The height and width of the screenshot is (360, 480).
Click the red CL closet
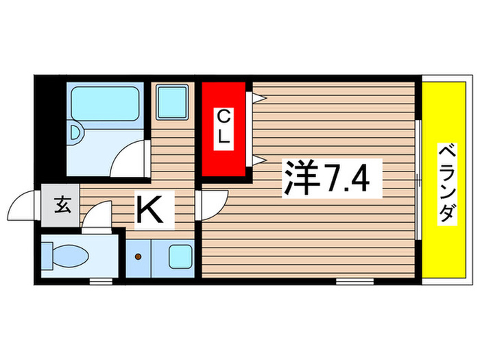point(223,130)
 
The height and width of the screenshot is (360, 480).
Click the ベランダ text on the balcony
point(446,183)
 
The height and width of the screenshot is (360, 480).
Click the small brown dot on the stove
point(139,258)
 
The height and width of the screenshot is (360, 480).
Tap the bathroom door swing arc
point(130,158)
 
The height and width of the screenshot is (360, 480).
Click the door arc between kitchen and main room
point(213,204)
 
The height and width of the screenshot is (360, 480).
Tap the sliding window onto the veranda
point(418,180)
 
